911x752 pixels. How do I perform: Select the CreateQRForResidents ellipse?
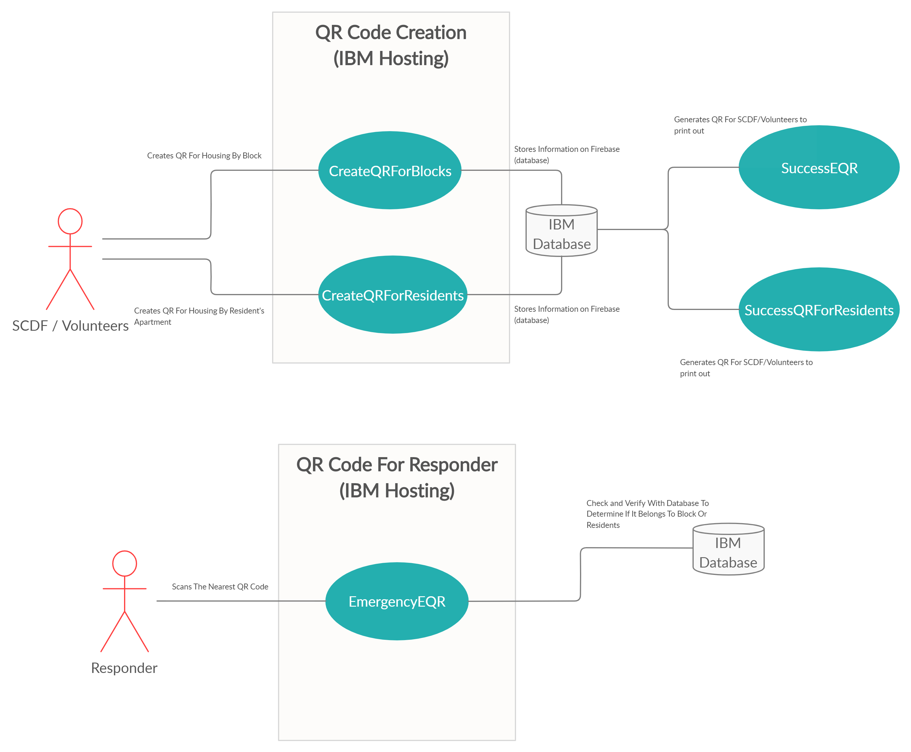click(x=393, y=295)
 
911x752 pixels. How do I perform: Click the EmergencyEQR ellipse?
click(x=397, y=601)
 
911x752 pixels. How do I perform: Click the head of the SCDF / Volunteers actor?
click(x=70, y=221)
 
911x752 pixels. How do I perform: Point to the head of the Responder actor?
click(x=125, y=564)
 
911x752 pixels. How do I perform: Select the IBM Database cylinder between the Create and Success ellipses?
click(x=561, y=230)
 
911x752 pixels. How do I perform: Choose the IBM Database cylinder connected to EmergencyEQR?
click(x=728, y=549)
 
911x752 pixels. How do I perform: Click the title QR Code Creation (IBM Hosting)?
click(x=391, y=45)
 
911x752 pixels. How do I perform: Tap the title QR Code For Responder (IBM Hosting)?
click(x=397, y=477)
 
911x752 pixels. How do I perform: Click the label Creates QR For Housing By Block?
click(x=204, y=155)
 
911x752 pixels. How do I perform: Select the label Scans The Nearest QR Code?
click(x=220, y=587)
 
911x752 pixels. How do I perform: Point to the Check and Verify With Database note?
click(x=647, y=514)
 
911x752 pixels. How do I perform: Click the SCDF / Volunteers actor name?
click(x=70, y=326)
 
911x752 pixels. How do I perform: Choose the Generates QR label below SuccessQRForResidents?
click(x=746, y=368)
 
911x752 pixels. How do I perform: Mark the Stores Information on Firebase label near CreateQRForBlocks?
click(x=567, y=155)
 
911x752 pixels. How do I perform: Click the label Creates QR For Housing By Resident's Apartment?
click(x=199, y=316)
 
